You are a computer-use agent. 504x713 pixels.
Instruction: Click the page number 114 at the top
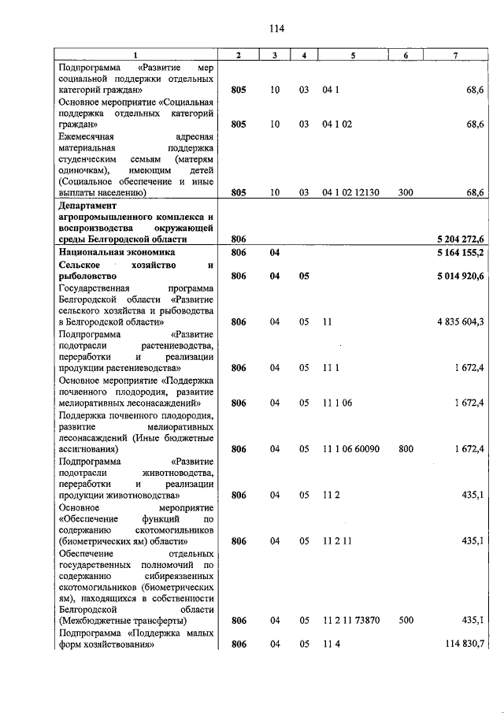point(275,28)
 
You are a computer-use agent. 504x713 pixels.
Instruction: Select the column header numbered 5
point(353,55)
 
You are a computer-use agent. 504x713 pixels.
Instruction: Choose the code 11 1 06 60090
point(351,449)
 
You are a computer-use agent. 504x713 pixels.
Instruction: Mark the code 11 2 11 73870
point(351,621)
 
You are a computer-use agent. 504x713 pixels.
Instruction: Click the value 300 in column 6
point(406,192)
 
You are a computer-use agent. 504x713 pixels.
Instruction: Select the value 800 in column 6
point(406,449)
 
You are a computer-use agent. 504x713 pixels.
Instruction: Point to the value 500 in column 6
point(406,621)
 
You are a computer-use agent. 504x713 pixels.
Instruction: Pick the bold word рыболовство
point(88,277)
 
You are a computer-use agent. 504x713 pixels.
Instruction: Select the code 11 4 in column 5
point(330,644)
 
